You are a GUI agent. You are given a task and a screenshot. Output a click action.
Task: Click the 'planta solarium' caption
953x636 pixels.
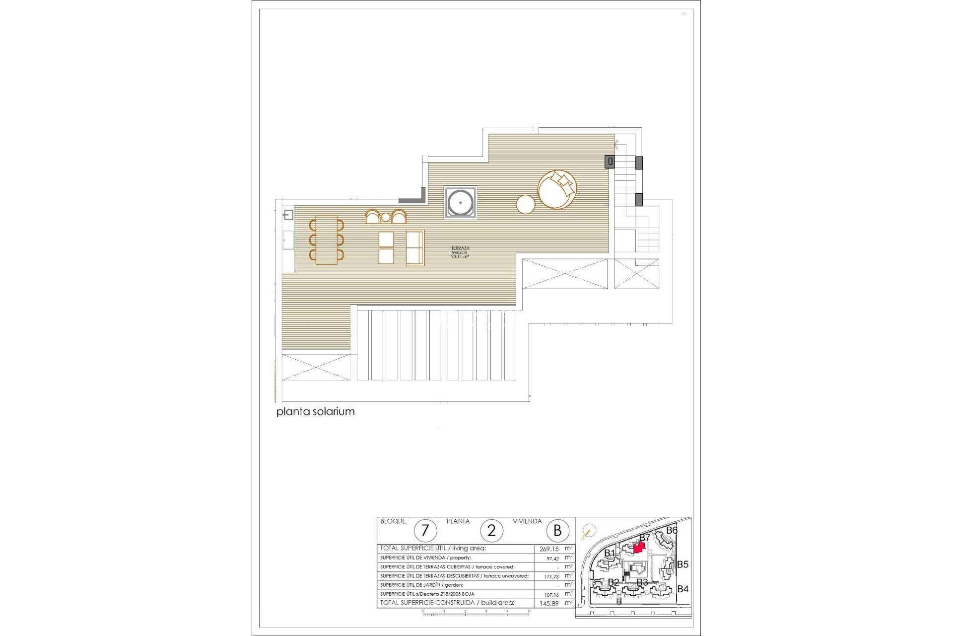(x=315, y=411)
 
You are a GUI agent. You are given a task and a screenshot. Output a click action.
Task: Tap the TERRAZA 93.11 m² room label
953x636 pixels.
(x=460, y=252)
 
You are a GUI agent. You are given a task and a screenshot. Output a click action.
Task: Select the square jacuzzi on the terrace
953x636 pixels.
(x=461, y=203)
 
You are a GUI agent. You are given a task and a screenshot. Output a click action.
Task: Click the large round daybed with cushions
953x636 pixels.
(x=557, y=189)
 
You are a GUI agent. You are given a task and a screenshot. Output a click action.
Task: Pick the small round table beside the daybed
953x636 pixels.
(x=526, y=204)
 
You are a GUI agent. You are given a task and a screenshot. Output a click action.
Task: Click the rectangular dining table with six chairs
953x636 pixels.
(x=326, y=240)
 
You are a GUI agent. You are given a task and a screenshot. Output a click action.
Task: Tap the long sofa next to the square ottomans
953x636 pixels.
(x=415, y=247)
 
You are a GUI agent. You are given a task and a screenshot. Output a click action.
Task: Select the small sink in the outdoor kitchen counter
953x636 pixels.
(x=288, y=215)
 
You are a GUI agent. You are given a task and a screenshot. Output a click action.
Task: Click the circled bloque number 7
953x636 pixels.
(x=425, y=531)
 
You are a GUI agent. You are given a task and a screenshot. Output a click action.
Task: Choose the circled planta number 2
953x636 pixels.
(x=491, y=531)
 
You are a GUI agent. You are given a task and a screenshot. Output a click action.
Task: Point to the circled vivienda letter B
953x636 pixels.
(x=557, y=531)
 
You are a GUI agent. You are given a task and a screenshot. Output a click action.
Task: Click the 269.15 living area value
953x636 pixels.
(x=549, y=549)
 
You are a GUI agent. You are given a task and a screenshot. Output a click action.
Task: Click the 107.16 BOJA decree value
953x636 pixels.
(x=551, y=595)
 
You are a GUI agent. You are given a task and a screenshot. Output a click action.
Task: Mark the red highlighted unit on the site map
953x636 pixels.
(x=639, y=547)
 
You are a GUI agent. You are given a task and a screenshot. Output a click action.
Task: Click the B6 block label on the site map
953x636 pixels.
(x=672, y=530)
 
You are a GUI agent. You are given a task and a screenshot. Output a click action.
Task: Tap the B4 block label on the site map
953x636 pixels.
(x=682, y=589)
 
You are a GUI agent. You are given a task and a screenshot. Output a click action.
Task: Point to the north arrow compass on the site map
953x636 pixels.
(x=588, y=545)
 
